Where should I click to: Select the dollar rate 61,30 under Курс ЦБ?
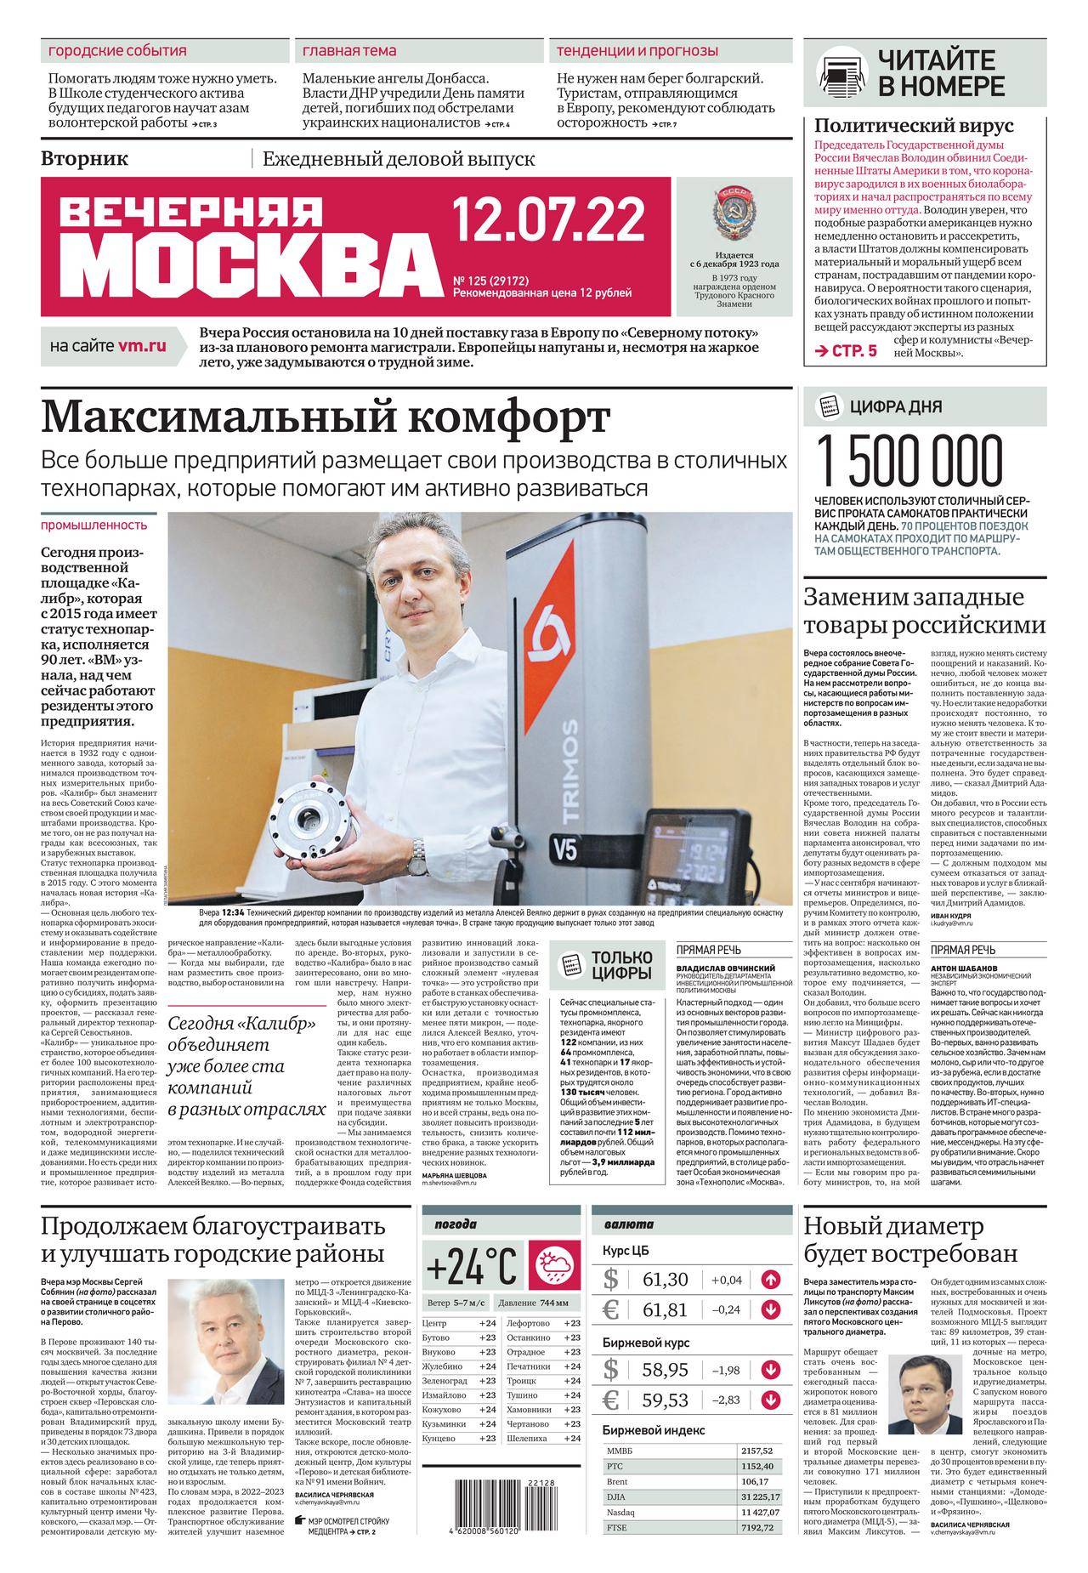click(x=666, y=1280)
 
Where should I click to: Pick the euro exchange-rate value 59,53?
click(x=666, y=1399)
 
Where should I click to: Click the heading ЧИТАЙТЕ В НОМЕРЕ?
click(x=941, y=74)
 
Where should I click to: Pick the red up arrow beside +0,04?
click(x=771, y=1279)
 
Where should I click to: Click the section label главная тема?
click(x=349, y=51)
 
